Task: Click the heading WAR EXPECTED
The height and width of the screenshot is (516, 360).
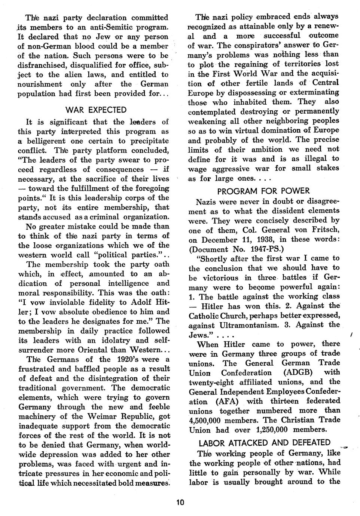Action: (x=96, y=110)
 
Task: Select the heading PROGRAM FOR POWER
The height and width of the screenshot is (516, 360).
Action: (x=263, y=191)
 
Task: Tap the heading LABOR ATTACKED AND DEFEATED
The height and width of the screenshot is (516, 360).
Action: (x=265, y=443)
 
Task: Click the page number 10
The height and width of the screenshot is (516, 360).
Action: (x=180, y=502)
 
